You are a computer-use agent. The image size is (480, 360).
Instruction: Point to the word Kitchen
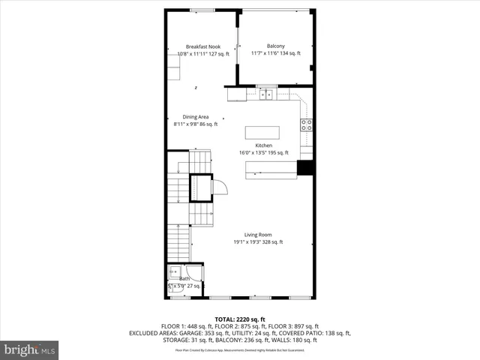(264, 145)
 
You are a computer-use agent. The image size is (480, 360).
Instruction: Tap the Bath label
(184, 278)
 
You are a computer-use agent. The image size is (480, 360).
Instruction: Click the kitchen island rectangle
(262, 133)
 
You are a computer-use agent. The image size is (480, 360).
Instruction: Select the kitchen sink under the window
(265, 94)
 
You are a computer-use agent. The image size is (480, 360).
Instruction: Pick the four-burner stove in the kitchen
(306, 125)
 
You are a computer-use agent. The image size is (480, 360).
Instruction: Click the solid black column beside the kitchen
(304, 168)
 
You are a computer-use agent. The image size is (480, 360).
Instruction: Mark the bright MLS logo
(30, 349)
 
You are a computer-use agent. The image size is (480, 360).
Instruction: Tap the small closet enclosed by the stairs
(200, 186)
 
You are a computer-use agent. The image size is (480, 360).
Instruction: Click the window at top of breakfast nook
(200, 10)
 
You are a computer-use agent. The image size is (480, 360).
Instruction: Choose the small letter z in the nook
(196, 88)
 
